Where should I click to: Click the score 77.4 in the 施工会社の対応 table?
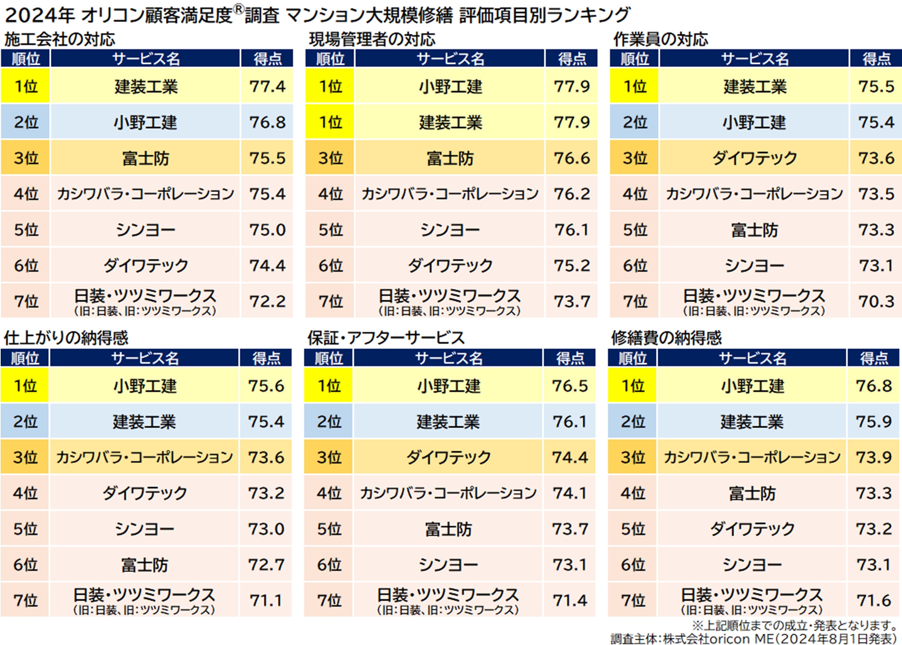coord(267,86)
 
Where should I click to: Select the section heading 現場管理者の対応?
coord(372,39)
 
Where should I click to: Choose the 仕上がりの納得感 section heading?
coord(66,338)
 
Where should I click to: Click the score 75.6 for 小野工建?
coord(266,386)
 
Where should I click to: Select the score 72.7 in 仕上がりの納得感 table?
coord(266,564)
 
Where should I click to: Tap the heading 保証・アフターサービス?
coord(386,338)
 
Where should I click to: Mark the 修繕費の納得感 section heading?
coord(666,338)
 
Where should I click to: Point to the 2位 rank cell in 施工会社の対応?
coord(25,122)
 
